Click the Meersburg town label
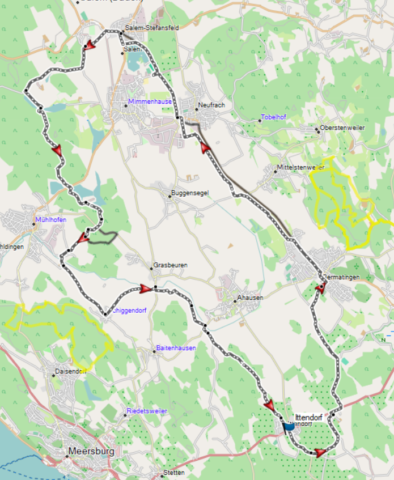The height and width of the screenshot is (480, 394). point(91,452)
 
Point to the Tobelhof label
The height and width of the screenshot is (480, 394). point(274,117)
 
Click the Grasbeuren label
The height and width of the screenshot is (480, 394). point(170,265)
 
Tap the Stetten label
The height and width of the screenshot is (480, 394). point(173,471)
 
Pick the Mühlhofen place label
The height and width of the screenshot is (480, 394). point(51,219)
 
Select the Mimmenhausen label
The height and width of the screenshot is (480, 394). point(150,101)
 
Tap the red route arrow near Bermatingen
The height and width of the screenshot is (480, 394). point(320,289)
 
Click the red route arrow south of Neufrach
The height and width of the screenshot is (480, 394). point(205,147)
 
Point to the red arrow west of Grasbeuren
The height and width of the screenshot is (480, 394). point(146,289)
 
